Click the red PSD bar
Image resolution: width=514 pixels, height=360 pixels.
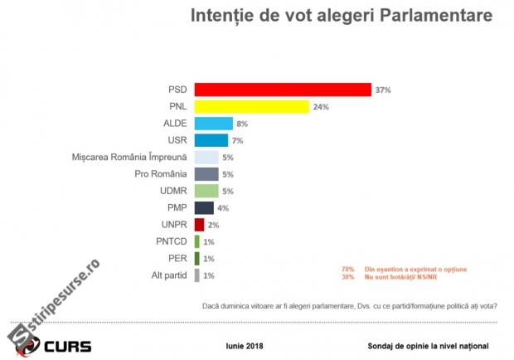[x=282, y=90]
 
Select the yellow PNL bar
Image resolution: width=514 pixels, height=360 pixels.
[x=251, y=107]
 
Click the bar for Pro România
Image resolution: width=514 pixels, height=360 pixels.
[x=206, y=174]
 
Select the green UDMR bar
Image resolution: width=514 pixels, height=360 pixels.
[x=206, y=191]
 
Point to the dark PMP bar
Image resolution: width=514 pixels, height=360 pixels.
[x=203, y=207]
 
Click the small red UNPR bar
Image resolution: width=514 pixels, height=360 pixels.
[x=199, y=224]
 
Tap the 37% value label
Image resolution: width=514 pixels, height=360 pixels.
[x=382, y=90]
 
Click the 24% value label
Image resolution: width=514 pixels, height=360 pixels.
[x=321, y=107]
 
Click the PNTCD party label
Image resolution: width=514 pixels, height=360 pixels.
[x=168, y=241]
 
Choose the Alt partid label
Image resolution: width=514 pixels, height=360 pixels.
[x=168, y=275]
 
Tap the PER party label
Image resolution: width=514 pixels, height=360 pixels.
[x=176, y=258]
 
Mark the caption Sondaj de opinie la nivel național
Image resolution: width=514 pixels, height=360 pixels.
[x=428, y=344]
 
